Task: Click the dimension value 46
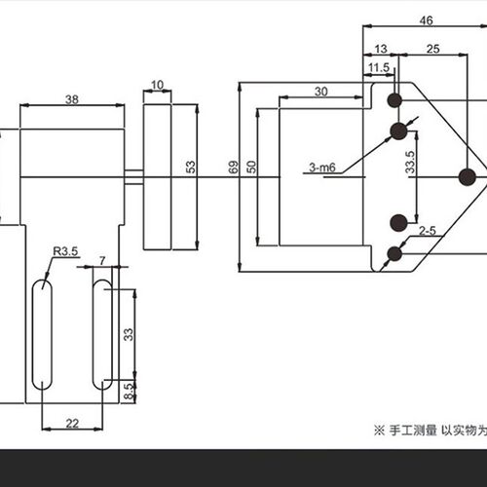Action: [x=426, y=20]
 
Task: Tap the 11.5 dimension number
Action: [x=379, y=67]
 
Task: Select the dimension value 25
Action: [x=432, y=49]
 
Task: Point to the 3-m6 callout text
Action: [x=321, y=168]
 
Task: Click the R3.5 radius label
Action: [x=65, y=251]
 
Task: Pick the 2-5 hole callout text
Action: [x=427, y=231]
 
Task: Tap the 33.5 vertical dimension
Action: [x=410, y=162]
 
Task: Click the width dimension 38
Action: [x=72, y=99]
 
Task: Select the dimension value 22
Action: [x=72, y=424]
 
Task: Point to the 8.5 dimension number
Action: [x=130, y=392]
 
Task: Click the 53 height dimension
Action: [x=191, y=167]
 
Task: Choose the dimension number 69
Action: [x=233, y=167]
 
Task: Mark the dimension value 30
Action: [x=320, y=92]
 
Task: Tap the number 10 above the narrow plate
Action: [x=157, y=85]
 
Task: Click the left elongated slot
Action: [x=42, y=334]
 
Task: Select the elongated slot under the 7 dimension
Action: [x=102, y=334]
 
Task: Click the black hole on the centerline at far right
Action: [x=468, y=177]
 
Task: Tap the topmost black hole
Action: [x=394, y=100]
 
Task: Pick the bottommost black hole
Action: [x=394, y=254]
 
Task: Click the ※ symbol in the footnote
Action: [x=379, y=431]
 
